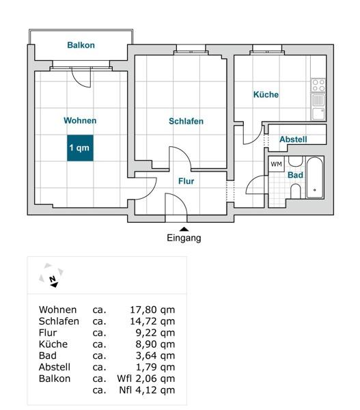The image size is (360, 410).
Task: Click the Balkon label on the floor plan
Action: coord(81,45)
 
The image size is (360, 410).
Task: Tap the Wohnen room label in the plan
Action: coord(80,120)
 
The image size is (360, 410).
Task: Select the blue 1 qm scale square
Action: coord(80,148)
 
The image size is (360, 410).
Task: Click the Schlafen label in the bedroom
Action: coord(186,122)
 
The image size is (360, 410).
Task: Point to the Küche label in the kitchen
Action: coord(266,94)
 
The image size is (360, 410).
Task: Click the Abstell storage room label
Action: coord(293,139)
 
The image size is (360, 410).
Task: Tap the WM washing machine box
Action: coord(277,164)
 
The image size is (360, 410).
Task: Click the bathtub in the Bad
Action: coord(315,178)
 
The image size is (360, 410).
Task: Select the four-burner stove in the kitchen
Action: coord(318,85)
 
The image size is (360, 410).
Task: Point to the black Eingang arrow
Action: coord(184,230)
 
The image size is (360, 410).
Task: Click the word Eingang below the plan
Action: coord(184,238)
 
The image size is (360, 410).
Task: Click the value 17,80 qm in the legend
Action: coord(152,310)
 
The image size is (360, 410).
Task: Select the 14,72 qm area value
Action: coord(152,321)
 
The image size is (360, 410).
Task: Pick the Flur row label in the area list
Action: coord(48,333)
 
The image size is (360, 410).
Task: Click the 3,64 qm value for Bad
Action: coord(155,356)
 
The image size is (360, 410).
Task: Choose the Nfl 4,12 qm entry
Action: coord(147,390)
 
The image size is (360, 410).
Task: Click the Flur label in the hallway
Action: coord(186,181)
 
